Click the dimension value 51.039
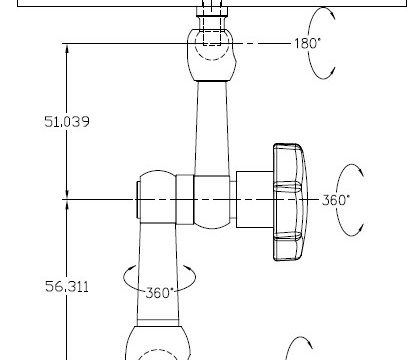pyautogui.click(x=67, y=122)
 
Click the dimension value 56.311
pyautogui.click(x=67, y=287)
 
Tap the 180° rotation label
pyautogui.click(x=307, y=43)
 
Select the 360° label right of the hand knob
pyautogui.click(x=336, y=200)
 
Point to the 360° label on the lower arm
pyautogui.click(x=160, y=293)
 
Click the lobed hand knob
pyautogui.click(x=290, y=202)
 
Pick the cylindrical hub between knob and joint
pyautogui.click(x=255, y=199)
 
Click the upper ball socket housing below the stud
pyautogui.click(x=212, y=55)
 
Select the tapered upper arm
pyautogui.click(x=212, y=128)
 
